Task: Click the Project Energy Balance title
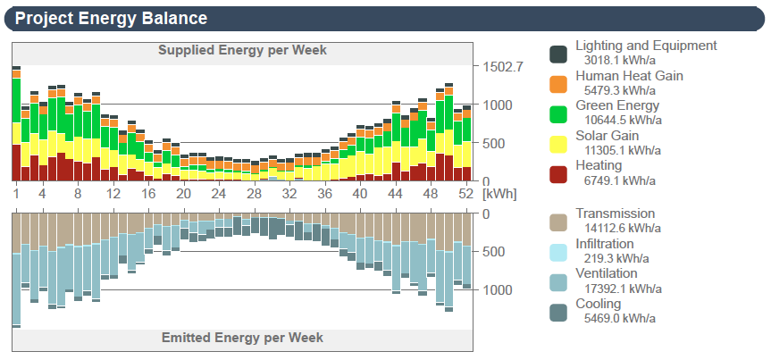click(112, 18)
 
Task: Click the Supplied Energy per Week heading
click(242, 50)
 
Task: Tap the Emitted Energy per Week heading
click(242, 338)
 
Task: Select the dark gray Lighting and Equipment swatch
click(558, 54)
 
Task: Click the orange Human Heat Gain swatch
click(558, 84)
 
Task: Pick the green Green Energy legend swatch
click(558, 113)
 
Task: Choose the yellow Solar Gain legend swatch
click(558, 144)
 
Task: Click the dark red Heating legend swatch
click(558, 173)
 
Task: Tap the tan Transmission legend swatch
click(558, 222)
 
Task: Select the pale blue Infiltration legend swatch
click(558, 252)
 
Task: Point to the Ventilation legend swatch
click(558, 281)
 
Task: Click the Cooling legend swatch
click(558, 312)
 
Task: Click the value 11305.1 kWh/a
click(623, 150)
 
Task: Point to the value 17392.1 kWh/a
click(623, 289)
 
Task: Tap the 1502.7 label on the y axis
click(503, 67)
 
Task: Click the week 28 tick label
click(254, 194)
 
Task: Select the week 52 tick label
click(465, 194)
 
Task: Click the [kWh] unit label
click(497, 194)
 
